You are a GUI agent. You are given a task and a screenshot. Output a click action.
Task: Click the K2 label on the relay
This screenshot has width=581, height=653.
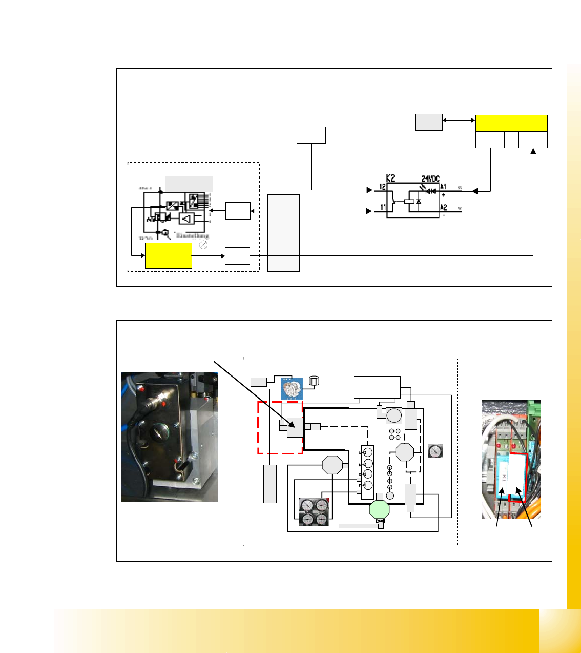(x=390, y=178)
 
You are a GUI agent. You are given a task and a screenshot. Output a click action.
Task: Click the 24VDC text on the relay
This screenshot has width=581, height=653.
(x=430, y=179)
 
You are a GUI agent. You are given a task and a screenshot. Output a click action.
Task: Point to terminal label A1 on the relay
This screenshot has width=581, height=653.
(x=443, y=187)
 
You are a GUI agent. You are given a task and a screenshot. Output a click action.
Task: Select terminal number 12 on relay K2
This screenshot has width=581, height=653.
(x=382, y=187)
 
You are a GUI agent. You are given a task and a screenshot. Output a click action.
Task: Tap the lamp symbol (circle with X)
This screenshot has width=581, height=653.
(x=203, y=245)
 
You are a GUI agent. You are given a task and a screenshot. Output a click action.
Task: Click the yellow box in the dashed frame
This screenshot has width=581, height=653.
(x=169, y=255)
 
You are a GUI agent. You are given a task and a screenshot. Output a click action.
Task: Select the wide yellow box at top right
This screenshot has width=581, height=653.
(x=511, y=123)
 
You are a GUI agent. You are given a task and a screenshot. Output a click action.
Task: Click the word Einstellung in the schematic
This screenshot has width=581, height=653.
(x=192, y=235)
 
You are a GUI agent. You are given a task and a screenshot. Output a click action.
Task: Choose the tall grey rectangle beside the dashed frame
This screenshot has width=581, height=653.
(x=283, y=233)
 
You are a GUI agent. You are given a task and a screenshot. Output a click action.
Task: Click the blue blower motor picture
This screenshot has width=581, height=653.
(x=292, y=388)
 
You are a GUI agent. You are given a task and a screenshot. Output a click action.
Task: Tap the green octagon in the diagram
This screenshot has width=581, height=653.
(x=380, y=509)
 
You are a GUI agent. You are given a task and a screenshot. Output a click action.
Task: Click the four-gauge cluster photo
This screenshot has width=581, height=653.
(x=314, y=512)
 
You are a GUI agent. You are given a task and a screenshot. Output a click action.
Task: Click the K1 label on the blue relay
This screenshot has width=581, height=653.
(x=504, y=477)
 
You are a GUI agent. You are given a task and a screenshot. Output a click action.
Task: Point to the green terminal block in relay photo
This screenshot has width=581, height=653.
(x=533, y=408)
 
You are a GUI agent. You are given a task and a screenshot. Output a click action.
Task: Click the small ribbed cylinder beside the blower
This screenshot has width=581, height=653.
(x=314, y=381)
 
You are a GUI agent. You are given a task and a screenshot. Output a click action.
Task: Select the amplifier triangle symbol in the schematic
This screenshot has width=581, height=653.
(x=186, y=219)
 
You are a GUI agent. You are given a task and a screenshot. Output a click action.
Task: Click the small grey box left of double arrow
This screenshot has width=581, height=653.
(x=428, y=123)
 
